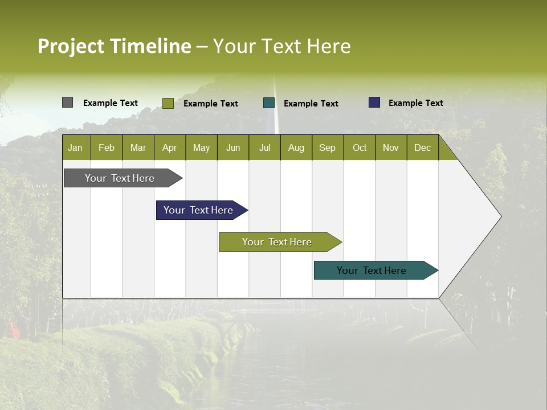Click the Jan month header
(76, 147)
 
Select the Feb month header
(107, 147)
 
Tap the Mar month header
(138, 147)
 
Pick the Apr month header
(170, 147)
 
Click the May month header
(201, 147)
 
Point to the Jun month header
(233, 147)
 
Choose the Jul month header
(264, 147)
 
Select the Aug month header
(296, 147)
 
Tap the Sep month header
(328, 147)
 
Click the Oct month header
(360, 147)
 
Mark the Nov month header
(391, 147)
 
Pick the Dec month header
(423, 147)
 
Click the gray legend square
(67, 102)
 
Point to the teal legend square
(269, 103)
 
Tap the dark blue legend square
(374, 102)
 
